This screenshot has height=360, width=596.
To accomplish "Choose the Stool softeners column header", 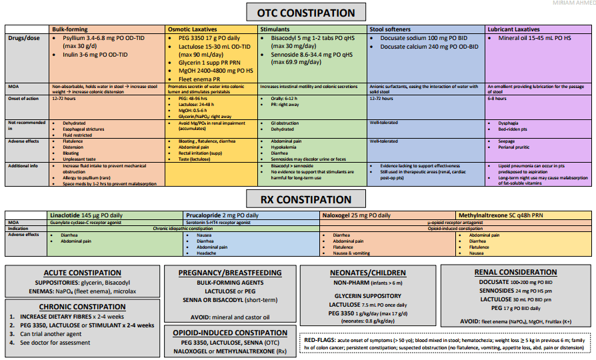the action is pos(392,30).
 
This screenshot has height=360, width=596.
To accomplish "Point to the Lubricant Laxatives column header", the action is pos(514,30).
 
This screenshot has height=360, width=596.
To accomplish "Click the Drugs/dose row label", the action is pos(23,39).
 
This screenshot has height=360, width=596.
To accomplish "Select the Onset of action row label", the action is pos(24,98).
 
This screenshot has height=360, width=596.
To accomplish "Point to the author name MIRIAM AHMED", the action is pos(574,3).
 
